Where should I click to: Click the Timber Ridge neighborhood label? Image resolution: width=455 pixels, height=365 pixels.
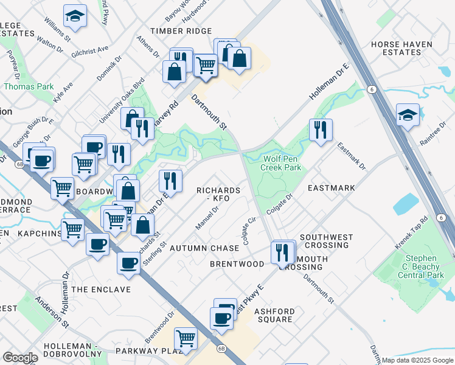181,31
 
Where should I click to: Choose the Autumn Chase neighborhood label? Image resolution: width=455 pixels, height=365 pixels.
204,248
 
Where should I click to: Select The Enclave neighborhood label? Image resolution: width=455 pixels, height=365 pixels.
101,290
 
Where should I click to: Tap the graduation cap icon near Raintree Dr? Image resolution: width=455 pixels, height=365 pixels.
407,115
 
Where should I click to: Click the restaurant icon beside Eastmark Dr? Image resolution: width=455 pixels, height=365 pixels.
321,130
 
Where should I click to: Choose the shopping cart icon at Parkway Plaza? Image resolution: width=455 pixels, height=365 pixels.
186,338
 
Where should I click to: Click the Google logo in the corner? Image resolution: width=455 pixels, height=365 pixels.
20,358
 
